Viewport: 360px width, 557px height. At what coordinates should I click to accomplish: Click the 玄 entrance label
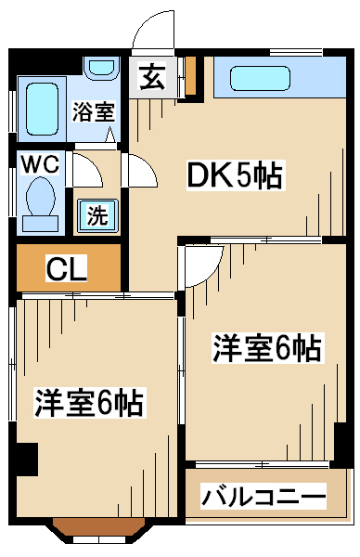click(153, 77)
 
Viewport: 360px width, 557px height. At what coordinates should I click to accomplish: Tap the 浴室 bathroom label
click(94, 111)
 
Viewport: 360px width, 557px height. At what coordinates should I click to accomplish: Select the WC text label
click(40, 164)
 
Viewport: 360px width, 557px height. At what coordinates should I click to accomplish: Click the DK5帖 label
click(235, 175)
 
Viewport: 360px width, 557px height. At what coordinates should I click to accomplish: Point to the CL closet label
click(67, 269)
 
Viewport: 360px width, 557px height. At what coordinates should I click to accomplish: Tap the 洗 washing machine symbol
click(97, 216)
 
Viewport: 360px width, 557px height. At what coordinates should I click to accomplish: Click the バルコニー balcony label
click(264, 497)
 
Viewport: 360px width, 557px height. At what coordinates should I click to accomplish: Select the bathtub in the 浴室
click(43, 109)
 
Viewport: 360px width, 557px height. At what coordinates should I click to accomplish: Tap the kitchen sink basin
click(260, 78)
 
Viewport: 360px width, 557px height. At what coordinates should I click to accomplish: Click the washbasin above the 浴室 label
click(101, 68)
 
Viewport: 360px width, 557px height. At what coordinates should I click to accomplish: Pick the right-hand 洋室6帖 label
click(266, 348)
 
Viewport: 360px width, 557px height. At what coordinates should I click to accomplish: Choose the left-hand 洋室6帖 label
click(89, 403)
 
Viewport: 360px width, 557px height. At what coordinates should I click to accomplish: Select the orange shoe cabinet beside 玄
click(191, 76)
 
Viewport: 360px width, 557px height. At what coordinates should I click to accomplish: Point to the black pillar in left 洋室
click(27, 459)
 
